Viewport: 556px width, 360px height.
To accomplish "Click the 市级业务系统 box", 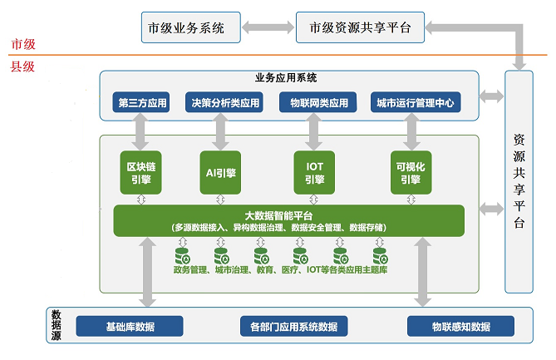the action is (191, 27).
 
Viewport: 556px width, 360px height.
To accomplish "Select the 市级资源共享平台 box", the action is (360, 27).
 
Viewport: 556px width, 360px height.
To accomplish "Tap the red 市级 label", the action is (23, 44).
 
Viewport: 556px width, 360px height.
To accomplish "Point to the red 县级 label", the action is (22, 67).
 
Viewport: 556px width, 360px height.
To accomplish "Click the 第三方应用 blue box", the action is (141, 102).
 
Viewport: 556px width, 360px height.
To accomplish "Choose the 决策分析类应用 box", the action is (224, 102).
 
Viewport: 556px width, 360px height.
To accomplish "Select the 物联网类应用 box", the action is (318, 102).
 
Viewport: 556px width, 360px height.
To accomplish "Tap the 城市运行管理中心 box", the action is (416, 102).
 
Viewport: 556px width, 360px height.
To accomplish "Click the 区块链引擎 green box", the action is (140, 173).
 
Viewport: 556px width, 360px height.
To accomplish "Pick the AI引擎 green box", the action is (220, 173).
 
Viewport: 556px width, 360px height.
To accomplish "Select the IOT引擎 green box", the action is (314, 173).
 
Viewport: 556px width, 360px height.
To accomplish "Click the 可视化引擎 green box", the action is (411, 173).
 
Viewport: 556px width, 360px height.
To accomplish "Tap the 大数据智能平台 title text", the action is (278, 215).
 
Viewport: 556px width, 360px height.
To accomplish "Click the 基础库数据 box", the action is (130, 326).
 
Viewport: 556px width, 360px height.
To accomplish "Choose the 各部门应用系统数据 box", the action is (294, 326).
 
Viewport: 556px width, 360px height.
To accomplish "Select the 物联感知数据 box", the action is (460, 326).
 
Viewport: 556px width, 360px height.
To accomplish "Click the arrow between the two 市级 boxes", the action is (268, 27).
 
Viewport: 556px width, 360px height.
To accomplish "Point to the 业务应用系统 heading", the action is (286, 77).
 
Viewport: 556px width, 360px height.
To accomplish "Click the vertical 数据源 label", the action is (56, 325).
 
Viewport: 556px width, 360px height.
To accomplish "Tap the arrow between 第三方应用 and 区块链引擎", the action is (140, 132).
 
